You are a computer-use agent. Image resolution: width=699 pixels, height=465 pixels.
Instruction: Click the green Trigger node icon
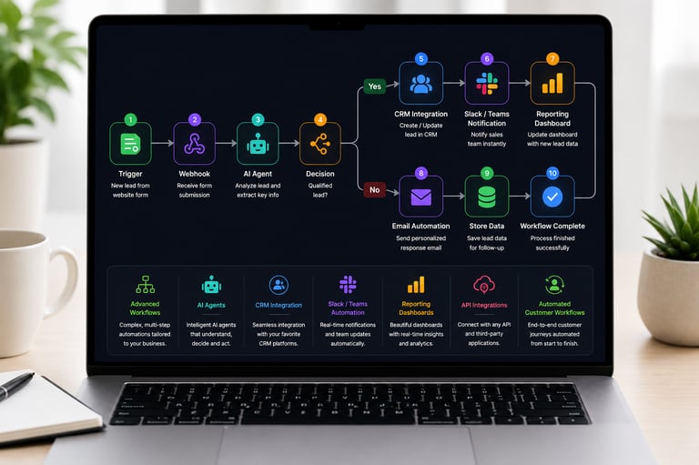point(131,144)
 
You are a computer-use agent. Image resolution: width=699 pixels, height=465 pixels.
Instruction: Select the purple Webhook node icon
point(195,144)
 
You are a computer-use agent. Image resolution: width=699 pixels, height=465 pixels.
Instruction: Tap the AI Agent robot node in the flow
point(258,144)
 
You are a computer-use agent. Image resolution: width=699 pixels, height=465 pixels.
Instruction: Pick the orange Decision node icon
point(320,144)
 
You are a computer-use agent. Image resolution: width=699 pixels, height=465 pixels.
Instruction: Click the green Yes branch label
point(374,86)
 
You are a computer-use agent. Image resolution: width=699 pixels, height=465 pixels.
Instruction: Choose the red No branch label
point(374,190)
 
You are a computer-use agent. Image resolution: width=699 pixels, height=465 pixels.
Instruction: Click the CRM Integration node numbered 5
point(420,83)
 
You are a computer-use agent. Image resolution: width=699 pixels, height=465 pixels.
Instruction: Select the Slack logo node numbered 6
point(487,83)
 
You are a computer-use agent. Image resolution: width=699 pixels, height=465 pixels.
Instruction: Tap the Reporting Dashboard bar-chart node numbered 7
point(552,83)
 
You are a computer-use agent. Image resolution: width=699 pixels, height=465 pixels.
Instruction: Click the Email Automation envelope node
point(420,197)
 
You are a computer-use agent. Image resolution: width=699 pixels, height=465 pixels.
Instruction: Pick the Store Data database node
point(487,197)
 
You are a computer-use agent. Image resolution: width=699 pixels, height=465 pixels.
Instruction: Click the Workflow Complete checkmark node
point(552,197)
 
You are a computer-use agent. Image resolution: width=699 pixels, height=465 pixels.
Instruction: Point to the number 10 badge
point(552,173)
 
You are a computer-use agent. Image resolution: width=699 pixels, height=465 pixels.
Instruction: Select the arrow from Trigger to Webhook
point(162,143)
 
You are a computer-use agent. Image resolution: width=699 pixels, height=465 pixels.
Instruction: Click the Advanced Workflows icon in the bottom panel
point(146,285)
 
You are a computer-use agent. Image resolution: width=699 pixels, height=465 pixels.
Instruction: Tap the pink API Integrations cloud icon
point(484,285)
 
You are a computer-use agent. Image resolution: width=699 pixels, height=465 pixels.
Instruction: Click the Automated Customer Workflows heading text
point(554,308)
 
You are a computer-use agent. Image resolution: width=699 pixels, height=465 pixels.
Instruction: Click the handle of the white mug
point(66,281)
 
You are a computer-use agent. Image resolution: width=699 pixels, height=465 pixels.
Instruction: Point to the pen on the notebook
point(16,386)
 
